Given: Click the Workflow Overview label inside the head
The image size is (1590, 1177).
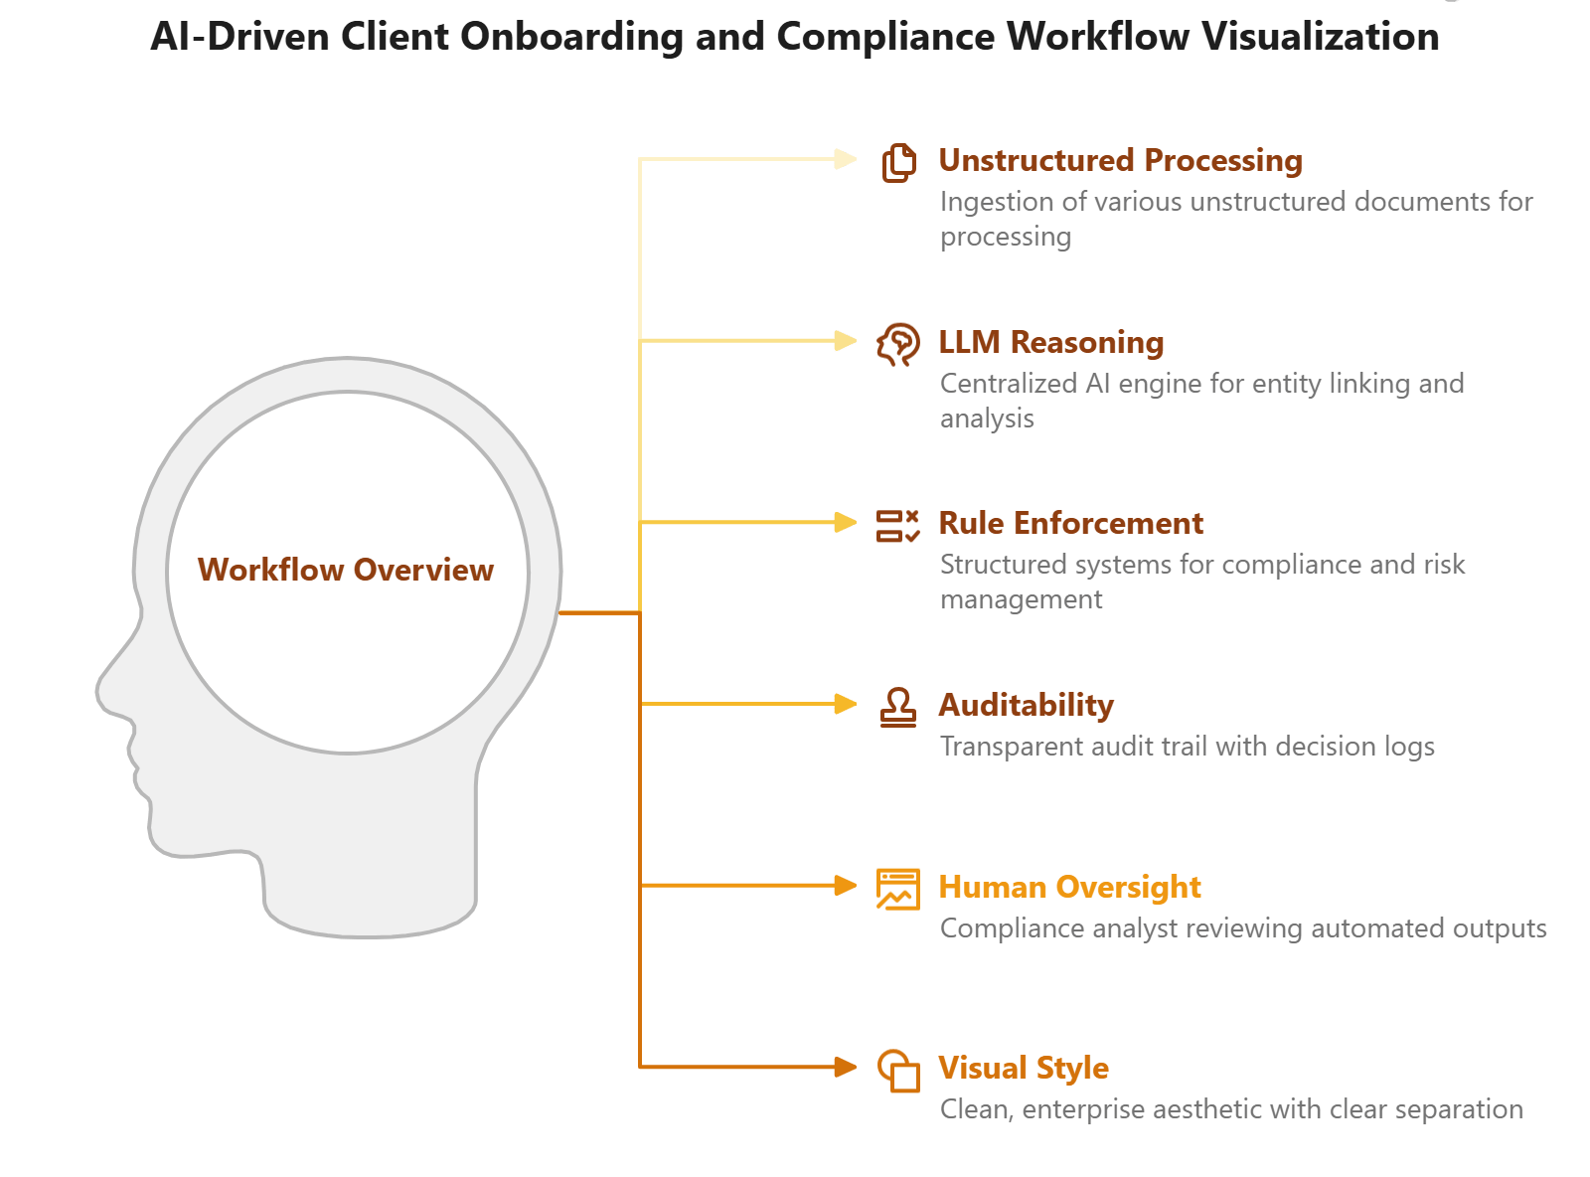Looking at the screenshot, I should pos(345,570).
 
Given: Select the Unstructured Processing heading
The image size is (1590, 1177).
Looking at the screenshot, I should pos(1120,161).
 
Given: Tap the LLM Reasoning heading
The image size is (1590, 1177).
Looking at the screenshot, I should pos(1050,343).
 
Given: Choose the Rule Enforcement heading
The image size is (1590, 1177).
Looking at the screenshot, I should pos(1070,524).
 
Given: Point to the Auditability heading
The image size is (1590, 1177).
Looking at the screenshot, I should pos(1026,706).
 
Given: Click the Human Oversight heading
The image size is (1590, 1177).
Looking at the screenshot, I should pos(1069,887).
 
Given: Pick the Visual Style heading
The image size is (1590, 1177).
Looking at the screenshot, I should pos(1024,1069).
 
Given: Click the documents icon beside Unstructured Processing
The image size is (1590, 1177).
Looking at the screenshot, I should pos(898,162).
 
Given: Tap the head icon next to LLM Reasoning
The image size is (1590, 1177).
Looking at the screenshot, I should pos(898,344).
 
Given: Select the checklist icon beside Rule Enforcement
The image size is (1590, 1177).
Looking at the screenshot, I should pos(898,525).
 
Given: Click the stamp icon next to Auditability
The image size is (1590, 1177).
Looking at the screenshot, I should pos(898,707).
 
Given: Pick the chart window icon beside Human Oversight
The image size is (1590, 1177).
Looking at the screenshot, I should pos(898,889).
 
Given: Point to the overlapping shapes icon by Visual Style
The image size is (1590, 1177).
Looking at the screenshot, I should pos(898,1071).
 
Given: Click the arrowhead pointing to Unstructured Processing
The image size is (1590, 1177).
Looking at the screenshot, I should pos(846,159).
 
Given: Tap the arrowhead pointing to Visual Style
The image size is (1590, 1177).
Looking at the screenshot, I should pos(846,1067).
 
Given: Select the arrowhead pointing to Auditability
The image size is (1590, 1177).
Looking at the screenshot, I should pos(846,704).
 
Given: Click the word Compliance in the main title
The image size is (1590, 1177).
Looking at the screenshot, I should pos(884,37).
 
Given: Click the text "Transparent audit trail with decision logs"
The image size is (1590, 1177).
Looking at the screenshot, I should pos(1187,747).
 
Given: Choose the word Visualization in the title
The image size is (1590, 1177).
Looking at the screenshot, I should pos(1320,37).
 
